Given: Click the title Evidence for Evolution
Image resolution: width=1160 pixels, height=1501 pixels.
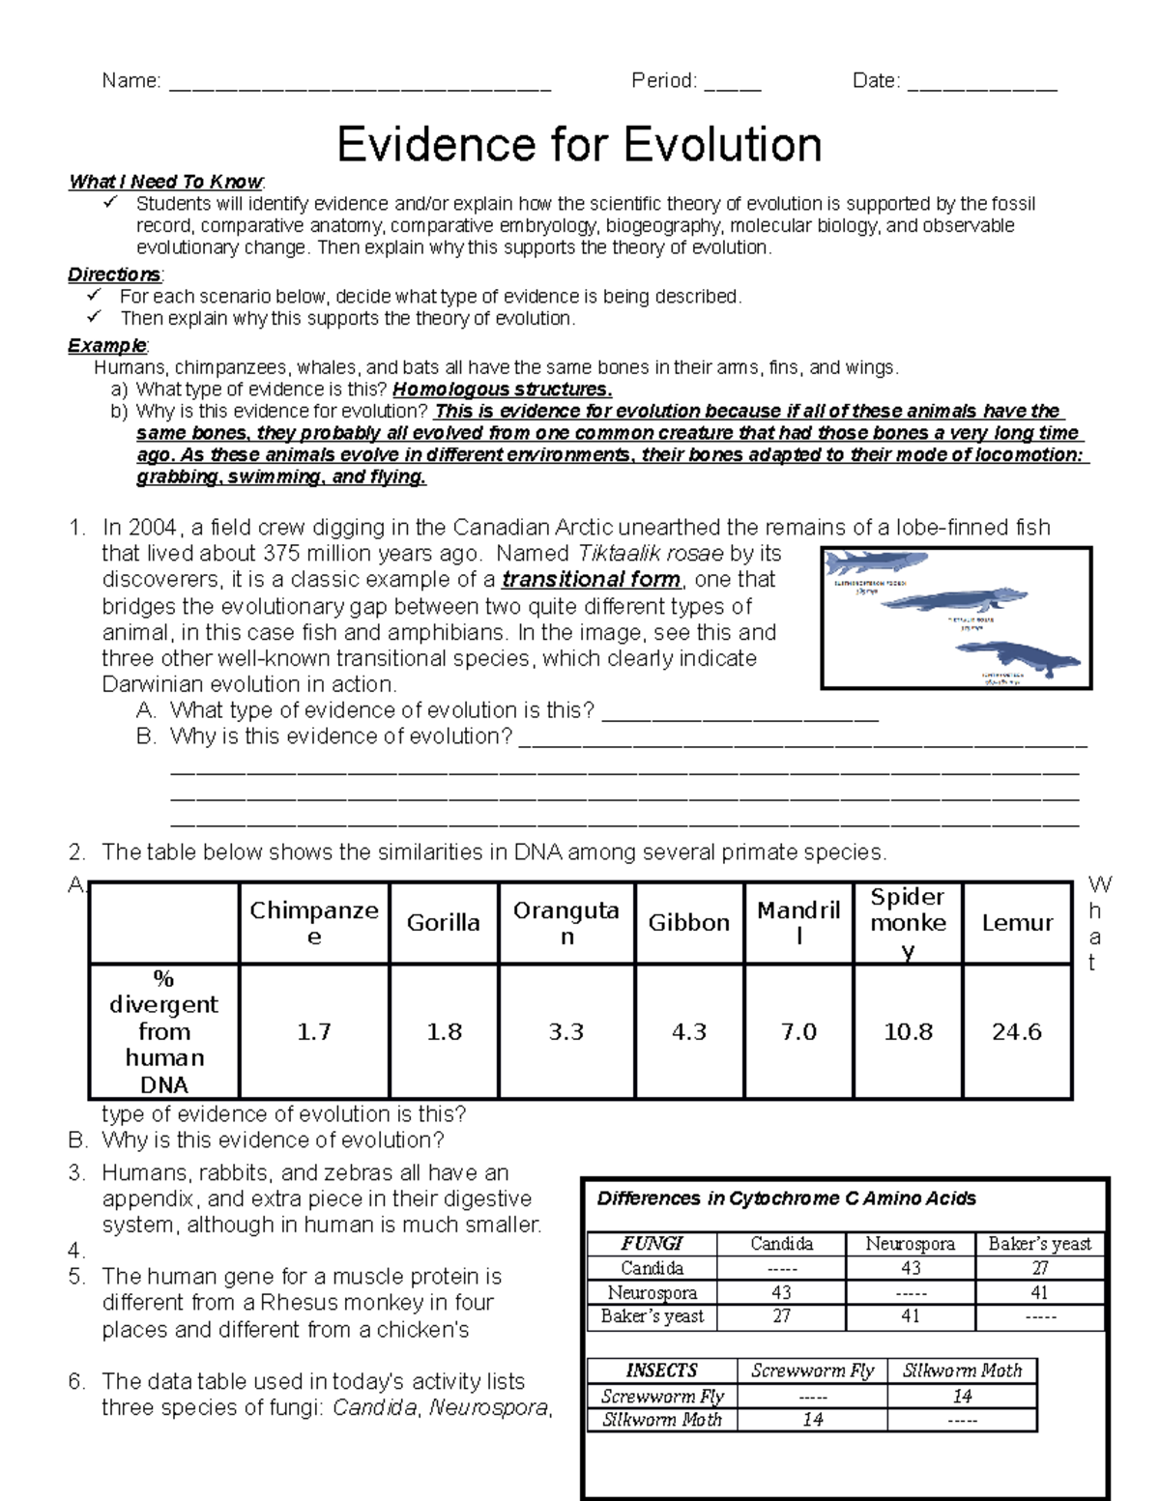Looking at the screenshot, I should pyautogui.click(x=579, y=145).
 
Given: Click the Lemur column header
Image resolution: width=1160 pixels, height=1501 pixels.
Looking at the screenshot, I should pyautogui.click(x=1017, y=923).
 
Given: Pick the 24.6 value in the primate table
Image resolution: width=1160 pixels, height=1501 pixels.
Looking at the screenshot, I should pyautogui.click(x=1017, y=1032).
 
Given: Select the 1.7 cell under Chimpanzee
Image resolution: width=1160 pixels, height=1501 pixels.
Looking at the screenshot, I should pyautogui.click(x=314, y=1032).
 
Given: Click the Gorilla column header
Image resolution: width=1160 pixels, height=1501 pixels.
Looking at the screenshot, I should pyautogui.click(x=444, y=923).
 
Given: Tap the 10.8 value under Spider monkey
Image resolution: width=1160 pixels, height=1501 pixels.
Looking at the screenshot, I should pyautogui.click(x=908, y=1032).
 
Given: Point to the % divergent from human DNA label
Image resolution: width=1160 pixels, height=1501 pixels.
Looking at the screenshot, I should pyautogui.click(x=164, y=1031).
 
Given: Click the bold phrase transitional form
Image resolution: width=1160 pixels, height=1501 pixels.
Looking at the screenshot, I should pyautogui.click(x=592, y=580).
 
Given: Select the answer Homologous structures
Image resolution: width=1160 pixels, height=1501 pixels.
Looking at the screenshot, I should pyautogui.click(x=502, y=390).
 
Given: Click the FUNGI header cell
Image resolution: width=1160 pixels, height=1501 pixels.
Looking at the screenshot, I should pyautogui.click(x=652, y=1244).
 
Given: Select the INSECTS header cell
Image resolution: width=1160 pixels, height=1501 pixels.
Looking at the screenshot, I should pyautogui.click(x=662, y=1371).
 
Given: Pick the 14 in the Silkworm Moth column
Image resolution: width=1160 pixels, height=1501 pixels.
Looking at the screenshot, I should pyautogui.click(x=962, y=1396).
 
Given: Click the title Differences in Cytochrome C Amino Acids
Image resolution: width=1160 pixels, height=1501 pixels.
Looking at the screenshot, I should pyautogui.click(x=786, y=1198).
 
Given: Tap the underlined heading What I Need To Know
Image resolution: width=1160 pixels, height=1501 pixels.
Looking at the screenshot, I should pyautogui.click(x=165, y=182).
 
